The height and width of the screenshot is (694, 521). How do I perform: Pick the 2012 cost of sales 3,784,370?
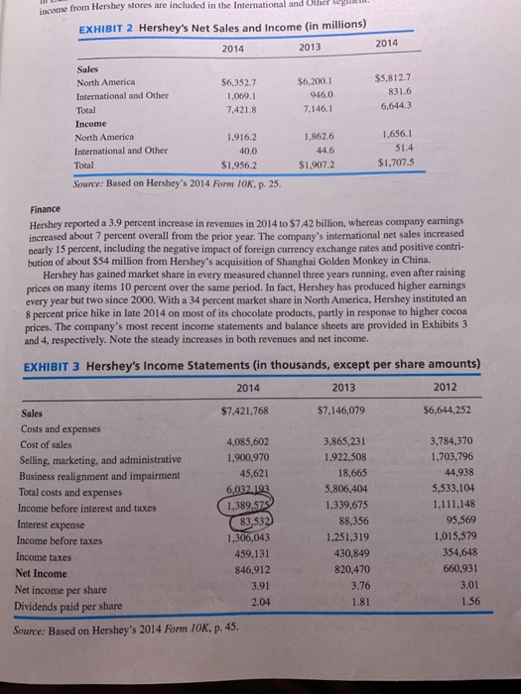452,442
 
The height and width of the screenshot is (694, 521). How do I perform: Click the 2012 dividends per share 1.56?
473,602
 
